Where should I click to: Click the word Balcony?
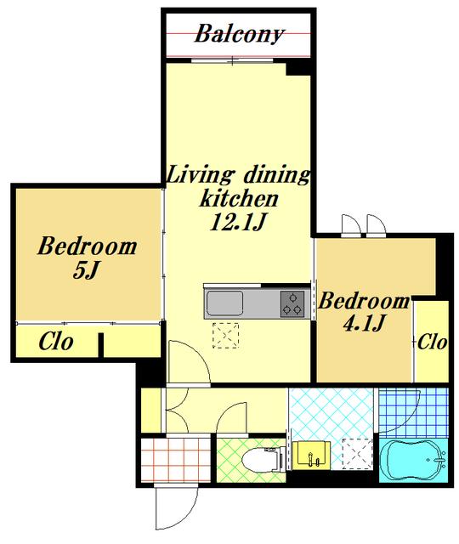pyautogui.click(x=239, y=35)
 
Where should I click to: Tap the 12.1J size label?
pyautogui.click(x=238, y=222)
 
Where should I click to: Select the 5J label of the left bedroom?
pyautogui.click(x=87, y=270)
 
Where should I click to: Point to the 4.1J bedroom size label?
pyautogui.click(x=363, y=323)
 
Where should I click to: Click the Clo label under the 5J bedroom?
pyautogui.click(x=56, y=342)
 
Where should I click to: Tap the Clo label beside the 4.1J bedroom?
pyautogui.click(x=432, y=343)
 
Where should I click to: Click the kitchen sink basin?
pyautogui.click(x=224, y=303)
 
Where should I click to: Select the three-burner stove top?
pyautogui.click(x=292, y=304)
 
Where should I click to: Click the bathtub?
pyautogui.click(x=414, y=461)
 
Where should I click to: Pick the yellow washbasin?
pyautogui.click(x=310, y=456)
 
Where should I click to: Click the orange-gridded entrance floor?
pyautogui.click(x=176, y=460)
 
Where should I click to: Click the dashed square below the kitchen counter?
pyautogui.click(x=226, y=335)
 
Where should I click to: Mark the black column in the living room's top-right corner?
pyautogui.click(x=298, y=69)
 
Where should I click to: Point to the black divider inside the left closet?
pyautogui.click(x=100, y=345)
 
